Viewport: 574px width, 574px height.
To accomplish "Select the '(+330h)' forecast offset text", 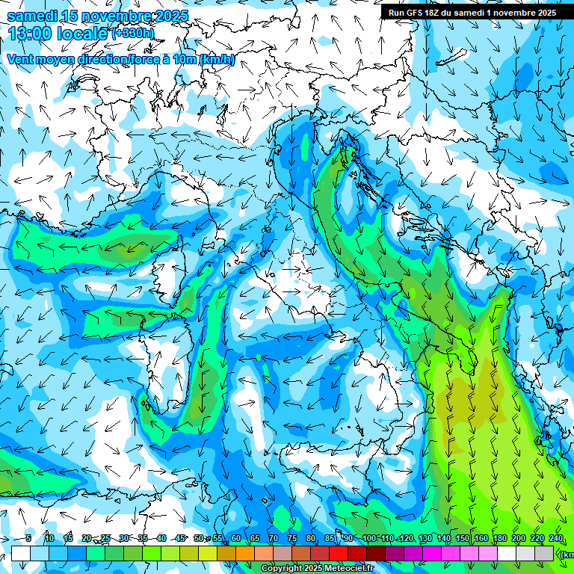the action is (x=133, y=33).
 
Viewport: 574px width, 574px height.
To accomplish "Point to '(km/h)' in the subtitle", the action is (x=217, y=59).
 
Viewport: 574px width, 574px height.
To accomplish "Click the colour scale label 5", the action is (x=28, y=538).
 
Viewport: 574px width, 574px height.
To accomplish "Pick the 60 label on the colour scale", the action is (x=236, y=538).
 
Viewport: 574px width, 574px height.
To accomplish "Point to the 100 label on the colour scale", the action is (x=369, y=538).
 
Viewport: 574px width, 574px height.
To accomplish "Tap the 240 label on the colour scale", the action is (x=556, y=538).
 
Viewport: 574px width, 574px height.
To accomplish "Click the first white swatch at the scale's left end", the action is (x=21, y=553).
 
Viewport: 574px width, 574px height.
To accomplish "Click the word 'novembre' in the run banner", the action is (x=514, y=13).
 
